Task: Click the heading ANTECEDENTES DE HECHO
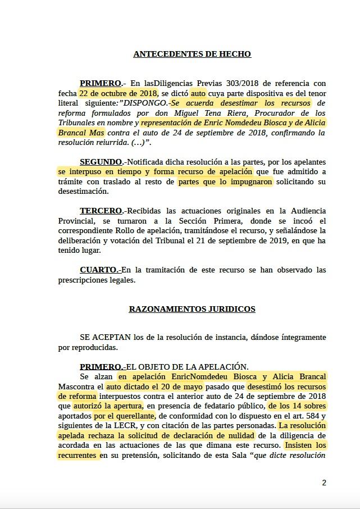(192, 54)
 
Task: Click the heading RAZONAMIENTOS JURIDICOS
(192, 309)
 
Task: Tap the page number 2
(324, 483)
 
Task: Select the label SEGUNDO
(101, 162)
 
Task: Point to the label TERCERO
(101, 211)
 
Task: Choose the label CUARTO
(99, 270)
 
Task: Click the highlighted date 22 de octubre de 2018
(118, 93)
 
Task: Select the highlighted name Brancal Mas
(80, 133)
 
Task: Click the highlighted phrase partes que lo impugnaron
(225, 182)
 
